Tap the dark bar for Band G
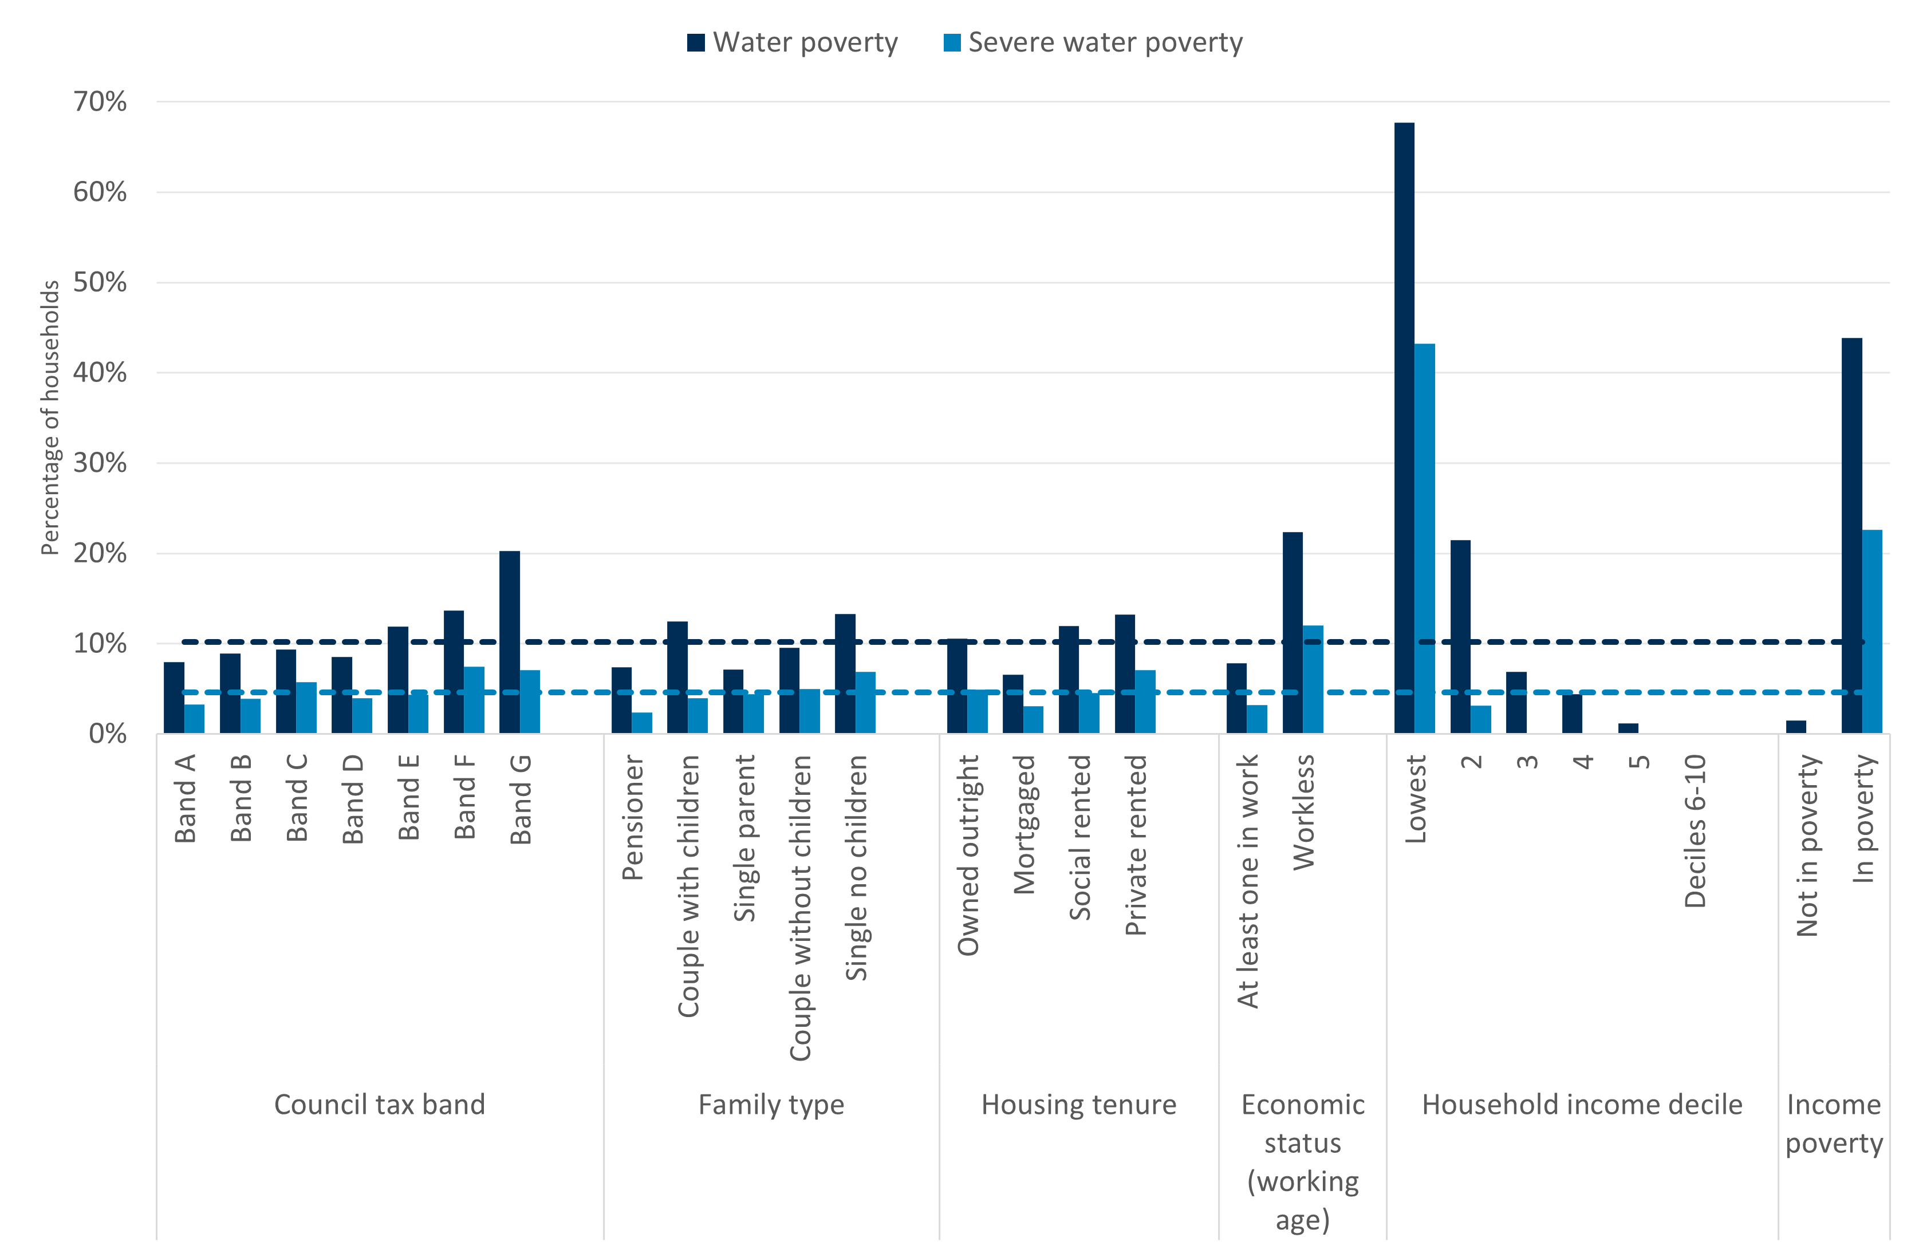tap(510, 642)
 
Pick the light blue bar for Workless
tap(1313, 679)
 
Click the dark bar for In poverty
tap(1852, 535)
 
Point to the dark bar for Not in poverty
tap(1796, 727)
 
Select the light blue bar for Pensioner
tap(642, 723)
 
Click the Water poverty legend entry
tap(793, 42)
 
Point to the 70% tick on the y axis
tap(100, 101)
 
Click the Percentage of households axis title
tap(50, 417)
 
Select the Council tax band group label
tap(380, 1104)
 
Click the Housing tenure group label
tap(1079, 1104)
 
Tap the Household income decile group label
tap(1582, 1104)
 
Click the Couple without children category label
tap(800, 907)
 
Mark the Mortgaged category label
tap(1024, 824)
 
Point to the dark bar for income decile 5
tap(1628, 728)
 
